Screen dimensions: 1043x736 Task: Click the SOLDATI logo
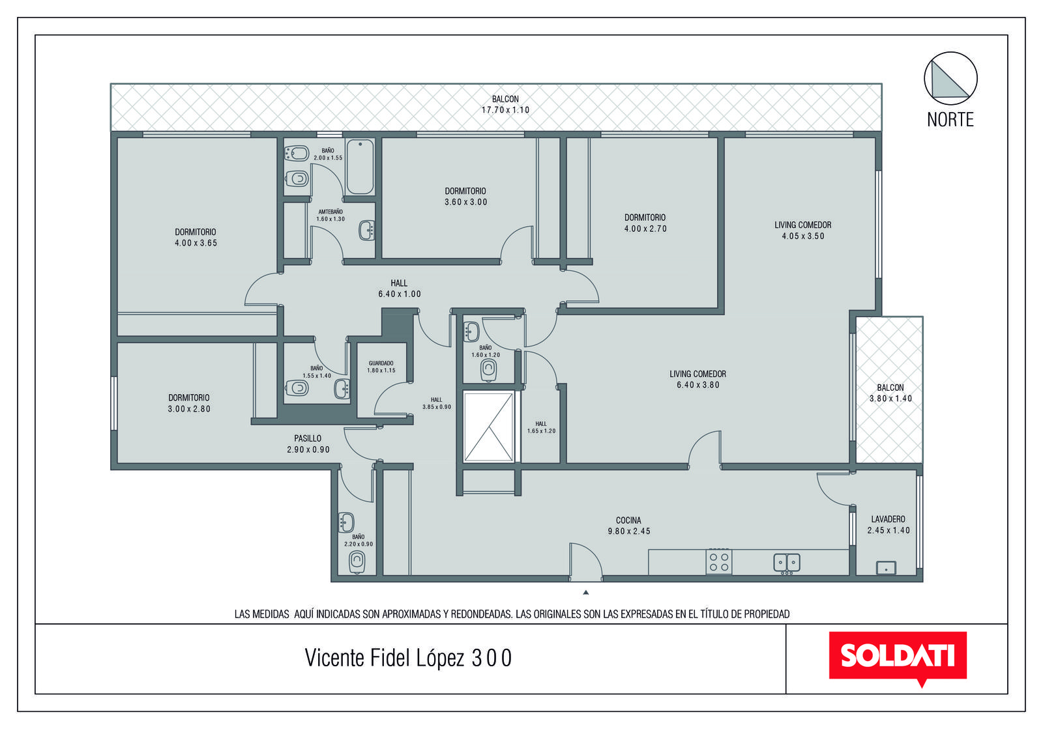[898, 658]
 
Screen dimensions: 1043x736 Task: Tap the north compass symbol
[950, 78]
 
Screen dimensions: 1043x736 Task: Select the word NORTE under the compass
[950, 120]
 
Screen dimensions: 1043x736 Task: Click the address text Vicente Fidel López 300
[408, 658]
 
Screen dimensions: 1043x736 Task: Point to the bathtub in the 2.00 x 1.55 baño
[360, 167]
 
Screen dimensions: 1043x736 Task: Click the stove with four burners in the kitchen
[718, 562]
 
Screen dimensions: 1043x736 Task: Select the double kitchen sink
[786, 563]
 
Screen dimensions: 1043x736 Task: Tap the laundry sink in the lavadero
[886, 568]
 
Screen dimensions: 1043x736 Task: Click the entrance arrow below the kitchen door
[586, 592]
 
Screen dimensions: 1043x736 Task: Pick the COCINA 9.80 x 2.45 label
[628, 526]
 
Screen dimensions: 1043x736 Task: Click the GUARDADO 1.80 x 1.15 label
[381, 367]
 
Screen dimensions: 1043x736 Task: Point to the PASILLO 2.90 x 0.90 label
[308, 444]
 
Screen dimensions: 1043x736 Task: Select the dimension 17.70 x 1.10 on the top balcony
[505, 110]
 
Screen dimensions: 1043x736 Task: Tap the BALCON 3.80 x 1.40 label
[890, 393]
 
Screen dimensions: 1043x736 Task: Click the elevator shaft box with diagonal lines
[488, 427]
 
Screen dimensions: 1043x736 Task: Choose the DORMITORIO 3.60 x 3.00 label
[465, 196]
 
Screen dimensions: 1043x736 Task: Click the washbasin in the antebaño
[366, 231]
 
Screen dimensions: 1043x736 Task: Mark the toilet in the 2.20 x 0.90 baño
[357, 563]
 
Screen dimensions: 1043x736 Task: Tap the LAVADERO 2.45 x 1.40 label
[889, 524]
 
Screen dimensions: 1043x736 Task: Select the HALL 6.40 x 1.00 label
[400, 289]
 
